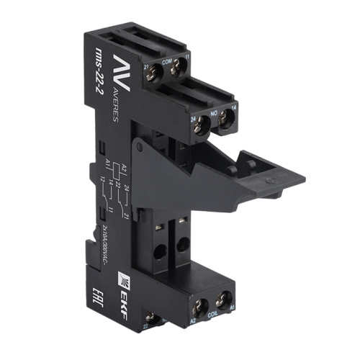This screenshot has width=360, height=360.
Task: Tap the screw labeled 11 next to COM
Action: coord(179,70)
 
